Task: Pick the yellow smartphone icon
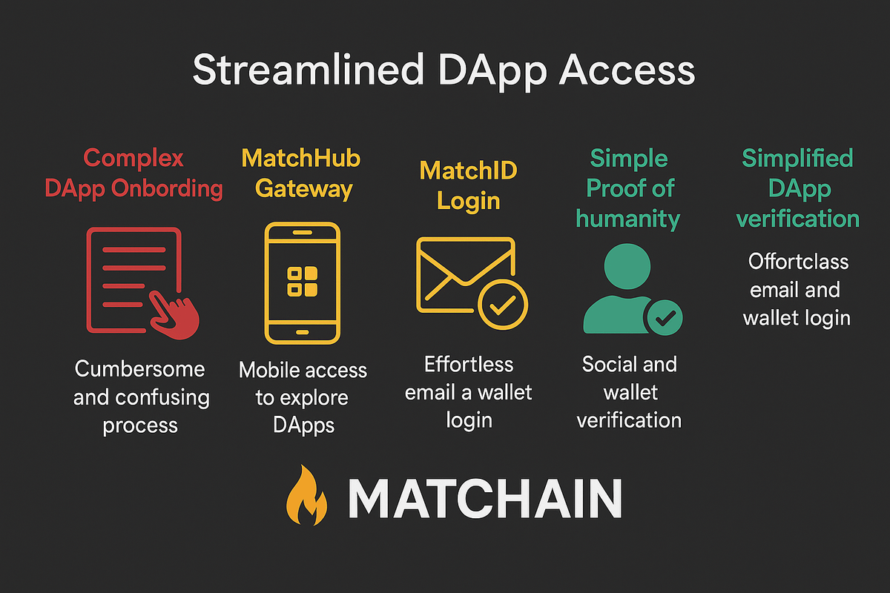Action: point(302,282)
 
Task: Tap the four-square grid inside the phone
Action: point(302,282)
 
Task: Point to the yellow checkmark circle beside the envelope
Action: point(503,303)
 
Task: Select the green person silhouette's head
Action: point(627,266)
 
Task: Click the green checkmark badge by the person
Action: point(665,317)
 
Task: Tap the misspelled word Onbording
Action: point(167,188)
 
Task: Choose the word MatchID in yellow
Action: point(468,170)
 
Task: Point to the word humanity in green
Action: point(628,219)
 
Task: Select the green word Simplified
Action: point(797,158)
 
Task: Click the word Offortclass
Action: point(797,262)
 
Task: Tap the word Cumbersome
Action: point(139,369)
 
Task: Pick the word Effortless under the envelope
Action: point(468,364)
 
